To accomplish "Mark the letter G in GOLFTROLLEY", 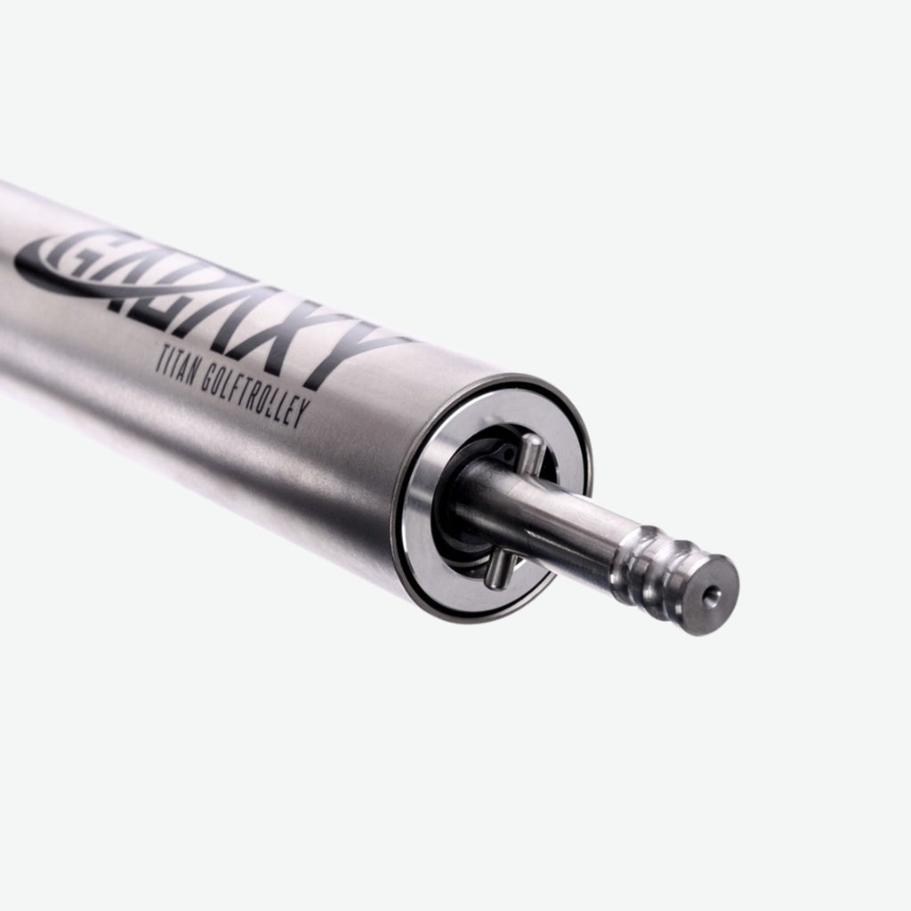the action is [x=206, y=380].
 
